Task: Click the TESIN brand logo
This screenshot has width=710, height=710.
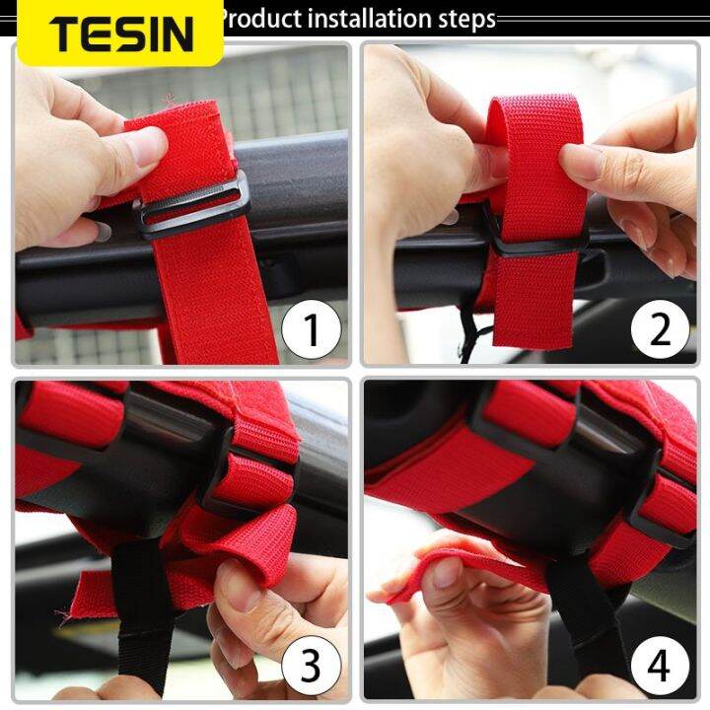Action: click(x=120, y=33)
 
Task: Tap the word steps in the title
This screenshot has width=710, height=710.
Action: click(x=460, y=20)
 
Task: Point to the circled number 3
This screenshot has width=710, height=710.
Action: click(x=312, y=667)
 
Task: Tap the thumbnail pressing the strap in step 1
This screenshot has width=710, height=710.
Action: click(x=147, y=148)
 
